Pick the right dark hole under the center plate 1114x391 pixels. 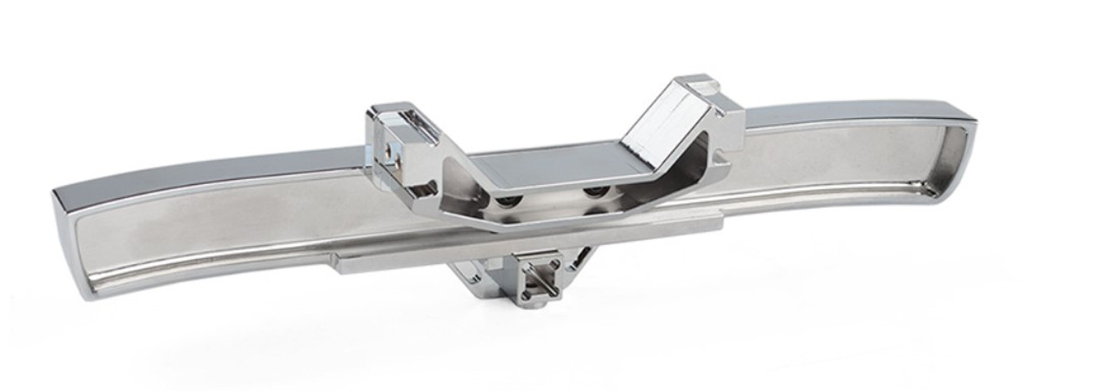point(595,190)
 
